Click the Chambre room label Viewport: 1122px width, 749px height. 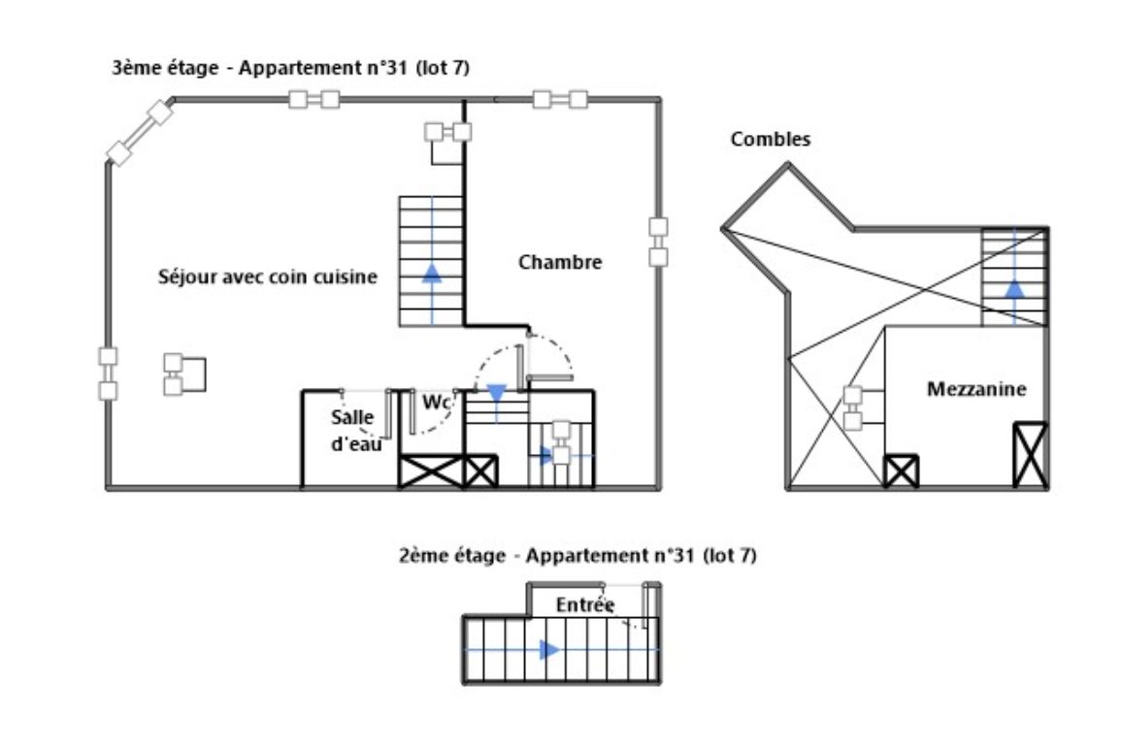pyautogui.click(x=560, y=262)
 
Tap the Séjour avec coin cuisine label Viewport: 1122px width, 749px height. pyautogui.click(x=268, y=277)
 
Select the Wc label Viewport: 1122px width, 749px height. pyautogui.click(x=437, y=403)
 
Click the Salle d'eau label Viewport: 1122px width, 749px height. pyautogui.click(x=355, y=430)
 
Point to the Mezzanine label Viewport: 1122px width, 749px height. pyautogui.click(x=976, y=389)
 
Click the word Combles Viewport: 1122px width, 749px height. pyautogui.click(x=771, y=139)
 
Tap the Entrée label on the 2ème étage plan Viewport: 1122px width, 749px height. pyautogui.click(x=585, y=605)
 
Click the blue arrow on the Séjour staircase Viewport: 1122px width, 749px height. pyautogui.click(x=432, y=273)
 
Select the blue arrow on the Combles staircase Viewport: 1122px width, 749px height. pyautogui.click(x=1014, y=287)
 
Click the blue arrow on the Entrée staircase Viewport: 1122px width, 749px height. pyautogui.click(x=549, y=650)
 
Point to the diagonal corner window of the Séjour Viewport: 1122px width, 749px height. pyautogui.click(x=140, y=133)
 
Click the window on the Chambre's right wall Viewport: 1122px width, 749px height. pyautogui.click(x=658, y=242)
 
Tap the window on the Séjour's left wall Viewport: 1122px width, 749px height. pyautogui.click(x=108, y=374)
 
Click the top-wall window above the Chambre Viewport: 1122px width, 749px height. pyautogui.click(x=560, y=99)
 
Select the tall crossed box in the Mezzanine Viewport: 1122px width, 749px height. pyautogui.click(x=1031, y=455)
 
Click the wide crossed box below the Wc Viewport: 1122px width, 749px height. pyautogui.click(x=432, y=472)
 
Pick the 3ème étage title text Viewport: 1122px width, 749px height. pyautogui.click(x=290, y=68)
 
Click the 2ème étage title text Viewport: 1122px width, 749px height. pyautogui.click(x=577, y=556)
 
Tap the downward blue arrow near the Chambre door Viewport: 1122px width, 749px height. pyautogui.click(x=497, y=393)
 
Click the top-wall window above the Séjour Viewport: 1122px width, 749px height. pyautogui.click(x=314, y=99)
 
